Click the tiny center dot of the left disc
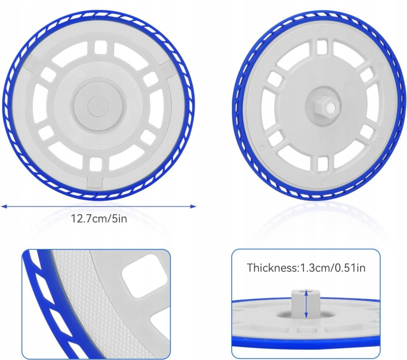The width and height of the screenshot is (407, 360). tap(98, 105)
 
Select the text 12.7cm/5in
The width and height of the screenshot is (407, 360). tap(99, 219)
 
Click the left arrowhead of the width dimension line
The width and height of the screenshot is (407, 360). tap(4, 206)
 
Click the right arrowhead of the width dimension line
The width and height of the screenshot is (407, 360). tap(193, 206)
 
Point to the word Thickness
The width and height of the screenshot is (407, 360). tap(272, 268)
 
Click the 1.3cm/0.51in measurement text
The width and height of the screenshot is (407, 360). tap(332, 268)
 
